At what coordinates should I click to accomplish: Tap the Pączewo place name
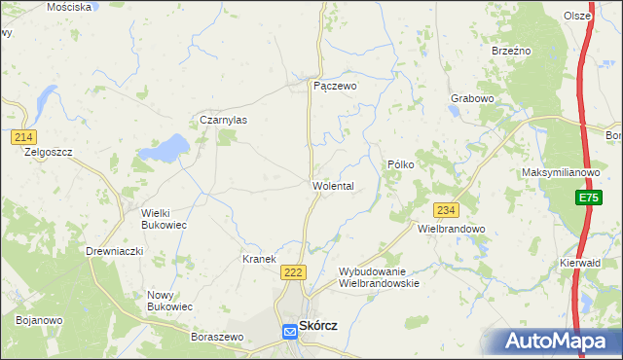tap(335, 86)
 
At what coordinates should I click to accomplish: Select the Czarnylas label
tap(223, 120)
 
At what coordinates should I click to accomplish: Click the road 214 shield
tap(24, 137)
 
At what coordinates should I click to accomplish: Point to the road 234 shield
tap(446, 210)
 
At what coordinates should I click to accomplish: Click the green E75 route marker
tap(586, 198)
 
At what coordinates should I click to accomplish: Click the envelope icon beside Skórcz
tap(290, 332)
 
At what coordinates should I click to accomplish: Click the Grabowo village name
tap(473, 99)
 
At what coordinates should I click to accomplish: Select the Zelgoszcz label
tap(49, 152)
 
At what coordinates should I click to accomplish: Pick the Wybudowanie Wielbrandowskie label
tap(379, 277)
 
